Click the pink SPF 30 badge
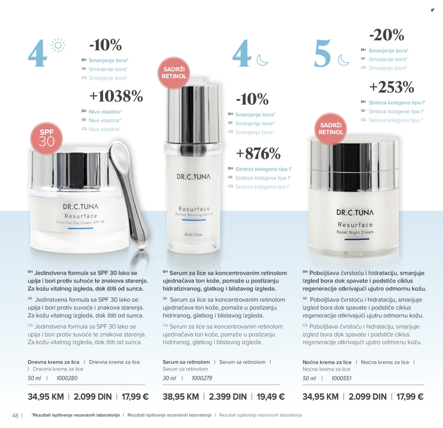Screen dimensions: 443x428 46,138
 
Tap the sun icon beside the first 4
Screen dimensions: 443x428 58,45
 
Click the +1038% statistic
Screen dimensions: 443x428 116,96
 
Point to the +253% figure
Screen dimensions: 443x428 392,87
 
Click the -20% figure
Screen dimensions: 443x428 387,35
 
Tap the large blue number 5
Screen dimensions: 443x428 323,53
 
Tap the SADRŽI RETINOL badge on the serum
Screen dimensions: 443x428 174,73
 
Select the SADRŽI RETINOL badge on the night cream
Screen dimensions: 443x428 331,129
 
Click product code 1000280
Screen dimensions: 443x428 67,378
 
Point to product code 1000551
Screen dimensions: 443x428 341,378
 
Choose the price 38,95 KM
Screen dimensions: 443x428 181,396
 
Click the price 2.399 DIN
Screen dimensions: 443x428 228,396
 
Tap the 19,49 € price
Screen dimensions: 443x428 271,396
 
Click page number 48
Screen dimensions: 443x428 15,416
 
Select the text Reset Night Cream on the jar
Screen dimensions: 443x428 355,232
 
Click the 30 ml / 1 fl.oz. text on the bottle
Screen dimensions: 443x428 194,235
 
